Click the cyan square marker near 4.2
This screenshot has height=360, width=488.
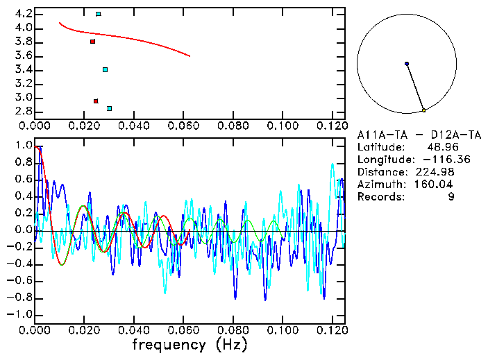tap(99, 14)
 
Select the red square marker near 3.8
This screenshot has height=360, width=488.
tap(92, 42)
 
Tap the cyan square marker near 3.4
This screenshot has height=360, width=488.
tap(105, 69)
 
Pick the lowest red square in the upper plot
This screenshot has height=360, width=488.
tap(96, 101)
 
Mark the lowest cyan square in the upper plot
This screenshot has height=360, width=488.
tap(109, 108)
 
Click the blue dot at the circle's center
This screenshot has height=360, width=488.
tap(407, 64)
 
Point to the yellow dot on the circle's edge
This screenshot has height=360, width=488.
tap(423, 110)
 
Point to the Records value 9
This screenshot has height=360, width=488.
tap(452, 197)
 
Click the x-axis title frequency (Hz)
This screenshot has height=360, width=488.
tap(189, 345)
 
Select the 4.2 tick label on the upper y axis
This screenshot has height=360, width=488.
tap(22, 14)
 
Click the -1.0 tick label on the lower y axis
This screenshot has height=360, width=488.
tap(19, 314)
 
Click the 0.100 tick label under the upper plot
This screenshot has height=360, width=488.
tap(282, 126)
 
